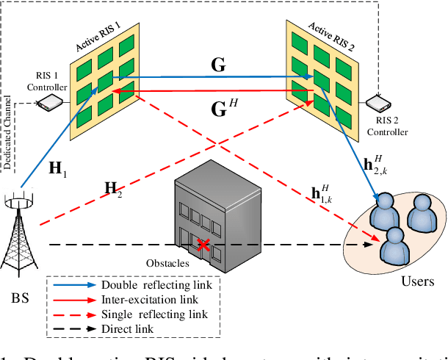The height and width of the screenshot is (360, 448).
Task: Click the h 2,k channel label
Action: pos(374,166)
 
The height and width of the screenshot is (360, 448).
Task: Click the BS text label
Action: pos(22,299)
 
